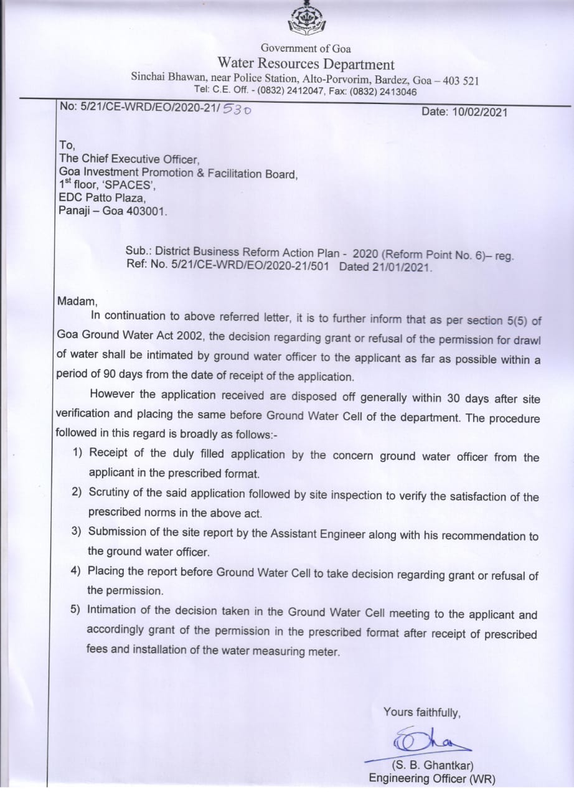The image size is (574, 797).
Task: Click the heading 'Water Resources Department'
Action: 306,64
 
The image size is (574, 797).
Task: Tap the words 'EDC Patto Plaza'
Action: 102,199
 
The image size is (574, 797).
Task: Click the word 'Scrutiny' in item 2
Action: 109,493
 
